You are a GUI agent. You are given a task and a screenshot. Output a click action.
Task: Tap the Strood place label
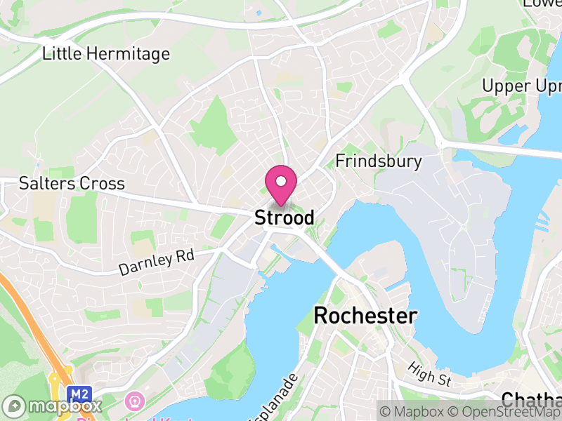[284, 218]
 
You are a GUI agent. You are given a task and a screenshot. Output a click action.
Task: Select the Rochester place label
[365, 316]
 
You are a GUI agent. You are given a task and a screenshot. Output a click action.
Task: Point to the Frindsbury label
[379, 161]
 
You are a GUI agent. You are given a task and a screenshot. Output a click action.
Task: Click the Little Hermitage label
[106, 53]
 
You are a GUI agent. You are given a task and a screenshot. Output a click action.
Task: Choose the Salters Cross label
[72, 184]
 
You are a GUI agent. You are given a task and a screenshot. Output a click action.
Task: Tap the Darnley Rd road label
[156, 262]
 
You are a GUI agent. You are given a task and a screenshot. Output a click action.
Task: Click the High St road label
[429, 375]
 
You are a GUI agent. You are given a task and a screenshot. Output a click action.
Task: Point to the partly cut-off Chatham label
[531, 401]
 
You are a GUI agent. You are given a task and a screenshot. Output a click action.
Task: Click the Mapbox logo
[53, 406]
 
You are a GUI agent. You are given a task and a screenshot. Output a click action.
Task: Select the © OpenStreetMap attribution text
[502, 411]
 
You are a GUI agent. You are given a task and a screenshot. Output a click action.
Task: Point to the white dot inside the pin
[281, 181]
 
